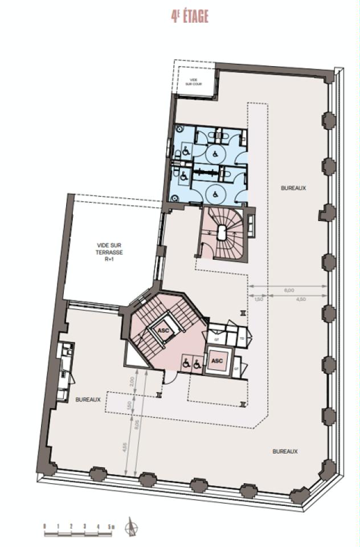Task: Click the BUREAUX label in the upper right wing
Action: click(293, 187)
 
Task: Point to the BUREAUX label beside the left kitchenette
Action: click(88, 399)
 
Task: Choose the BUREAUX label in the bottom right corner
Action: click(285, 451)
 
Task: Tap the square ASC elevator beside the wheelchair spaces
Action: click(217, 361)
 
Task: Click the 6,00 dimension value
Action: click(289, 290)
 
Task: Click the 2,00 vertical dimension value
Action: click(132, 381)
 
